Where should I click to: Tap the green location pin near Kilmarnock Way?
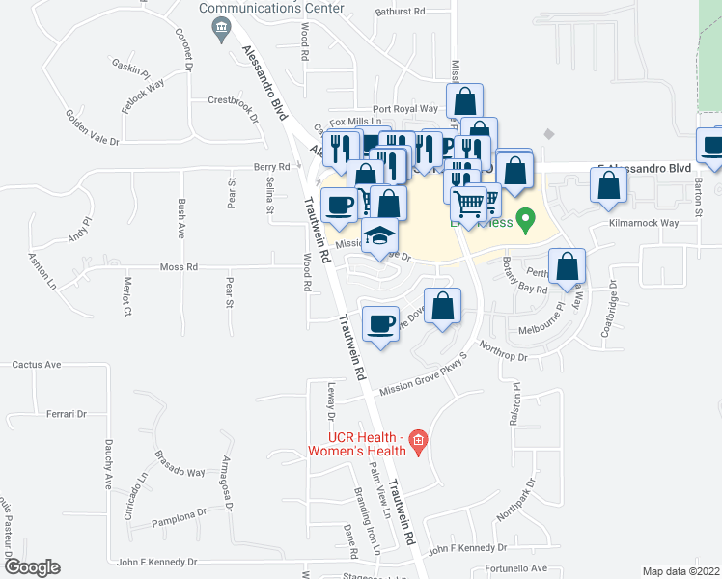tap(526, 220)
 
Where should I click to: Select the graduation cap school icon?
tap(379, 237)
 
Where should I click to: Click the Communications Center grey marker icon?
tap(224, 24)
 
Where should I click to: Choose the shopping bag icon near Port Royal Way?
tap(464, 102)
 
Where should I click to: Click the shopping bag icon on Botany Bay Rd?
tap(567, 266)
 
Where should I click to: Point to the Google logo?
tap(31, 567)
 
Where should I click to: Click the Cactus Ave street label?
tap(37, 365)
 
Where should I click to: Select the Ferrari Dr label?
tap(67, 414)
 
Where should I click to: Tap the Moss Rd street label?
tap(179, 266)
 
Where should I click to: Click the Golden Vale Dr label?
tap(91, 127)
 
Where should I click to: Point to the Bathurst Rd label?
tap(402, 12)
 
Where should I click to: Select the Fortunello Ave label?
tap(515, 568)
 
